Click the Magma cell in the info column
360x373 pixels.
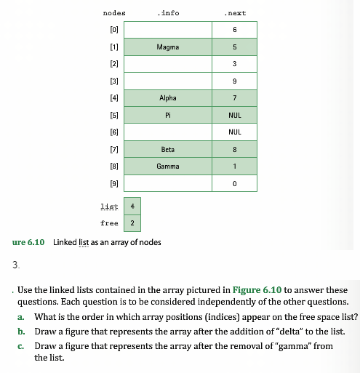pyautogui.click(x=168, y=47)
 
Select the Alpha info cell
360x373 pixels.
pyautogui.click(x=168, y=97)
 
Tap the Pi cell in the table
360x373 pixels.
pyautogui.click(x=168, y=115)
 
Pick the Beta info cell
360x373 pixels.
pyautogui.click(x=168, y=149)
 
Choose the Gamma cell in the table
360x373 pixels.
pyautogui.click(x=168, y=166)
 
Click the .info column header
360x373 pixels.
pyautogui.click(x=168, y=12)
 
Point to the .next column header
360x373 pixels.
pyautogui.click(x=234, y=12)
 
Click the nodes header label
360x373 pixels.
pyautogui.click(x=114, y=12)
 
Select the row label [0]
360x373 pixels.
pyautogui.click(x=113, y=30)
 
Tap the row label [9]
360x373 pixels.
pyautogui.click(x=113, y=183)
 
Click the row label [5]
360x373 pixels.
pyautogui.click(x=113, y=115)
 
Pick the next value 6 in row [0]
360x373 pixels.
pyautogui.click(x=234, y=30)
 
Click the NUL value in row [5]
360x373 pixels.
pyautogui.click(x=234, y=115)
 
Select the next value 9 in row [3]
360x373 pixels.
pyautogui.click(x=234, y=81)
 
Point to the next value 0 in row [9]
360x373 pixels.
pyautogui.click(x=234, y=183)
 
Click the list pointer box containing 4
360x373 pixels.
pyautogui.click(x=132, y=206)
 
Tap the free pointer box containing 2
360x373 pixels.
pyautogui.click(x=132, y=223)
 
